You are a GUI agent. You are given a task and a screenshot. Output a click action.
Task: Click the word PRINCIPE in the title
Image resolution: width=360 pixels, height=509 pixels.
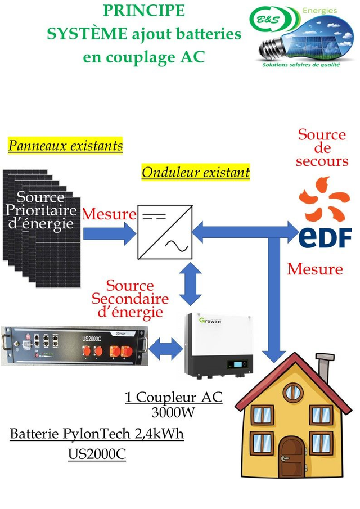point(144,11)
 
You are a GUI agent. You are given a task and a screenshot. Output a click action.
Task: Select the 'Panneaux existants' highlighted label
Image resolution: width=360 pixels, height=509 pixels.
point(65,146)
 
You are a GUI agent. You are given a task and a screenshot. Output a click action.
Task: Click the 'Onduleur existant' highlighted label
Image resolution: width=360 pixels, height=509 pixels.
point(195,172)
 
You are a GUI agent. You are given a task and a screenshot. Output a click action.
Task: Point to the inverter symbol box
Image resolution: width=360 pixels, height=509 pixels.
point(163,231)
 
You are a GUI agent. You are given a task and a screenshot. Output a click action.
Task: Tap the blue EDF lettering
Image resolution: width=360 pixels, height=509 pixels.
point(325,237)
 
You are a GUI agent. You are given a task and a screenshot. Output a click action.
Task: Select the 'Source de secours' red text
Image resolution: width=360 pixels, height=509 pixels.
point(322,148)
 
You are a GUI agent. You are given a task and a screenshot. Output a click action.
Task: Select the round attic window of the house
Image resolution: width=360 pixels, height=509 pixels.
point(292,393)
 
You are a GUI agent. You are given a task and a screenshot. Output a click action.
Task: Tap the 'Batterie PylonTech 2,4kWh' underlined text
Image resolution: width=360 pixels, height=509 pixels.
point(97,434)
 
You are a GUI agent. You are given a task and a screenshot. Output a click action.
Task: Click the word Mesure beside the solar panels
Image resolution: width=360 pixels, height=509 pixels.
point(109,214)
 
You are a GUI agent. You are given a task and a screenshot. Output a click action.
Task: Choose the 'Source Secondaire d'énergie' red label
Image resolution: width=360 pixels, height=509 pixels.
point(130,299)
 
